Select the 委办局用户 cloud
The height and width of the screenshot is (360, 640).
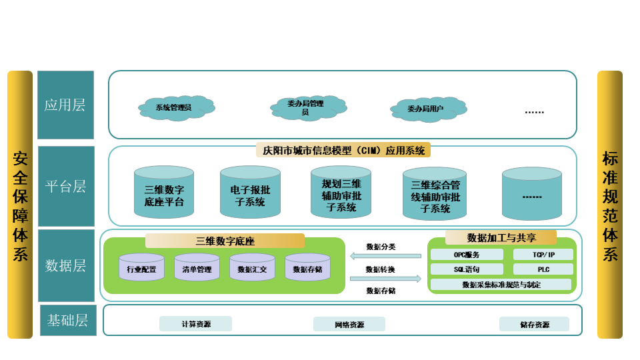427,108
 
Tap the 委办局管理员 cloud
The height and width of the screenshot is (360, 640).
307,107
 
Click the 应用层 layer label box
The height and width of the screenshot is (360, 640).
65,105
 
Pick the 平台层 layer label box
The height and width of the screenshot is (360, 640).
65,186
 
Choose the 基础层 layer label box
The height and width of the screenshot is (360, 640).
67,320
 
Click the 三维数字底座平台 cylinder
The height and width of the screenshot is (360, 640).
164,193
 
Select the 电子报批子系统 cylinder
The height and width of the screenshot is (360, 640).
250,193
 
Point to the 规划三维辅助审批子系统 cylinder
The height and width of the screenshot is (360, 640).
341,193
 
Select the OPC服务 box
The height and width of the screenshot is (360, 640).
467,254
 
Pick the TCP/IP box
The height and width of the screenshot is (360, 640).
543,254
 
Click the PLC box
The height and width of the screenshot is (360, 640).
543,269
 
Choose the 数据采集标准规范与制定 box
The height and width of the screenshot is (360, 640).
501,285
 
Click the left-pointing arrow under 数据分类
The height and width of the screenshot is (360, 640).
385,256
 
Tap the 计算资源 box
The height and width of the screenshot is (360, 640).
195,324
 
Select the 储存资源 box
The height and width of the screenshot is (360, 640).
534,325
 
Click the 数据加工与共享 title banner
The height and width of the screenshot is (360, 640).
501,238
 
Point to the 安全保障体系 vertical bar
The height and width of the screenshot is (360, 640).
20,205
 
